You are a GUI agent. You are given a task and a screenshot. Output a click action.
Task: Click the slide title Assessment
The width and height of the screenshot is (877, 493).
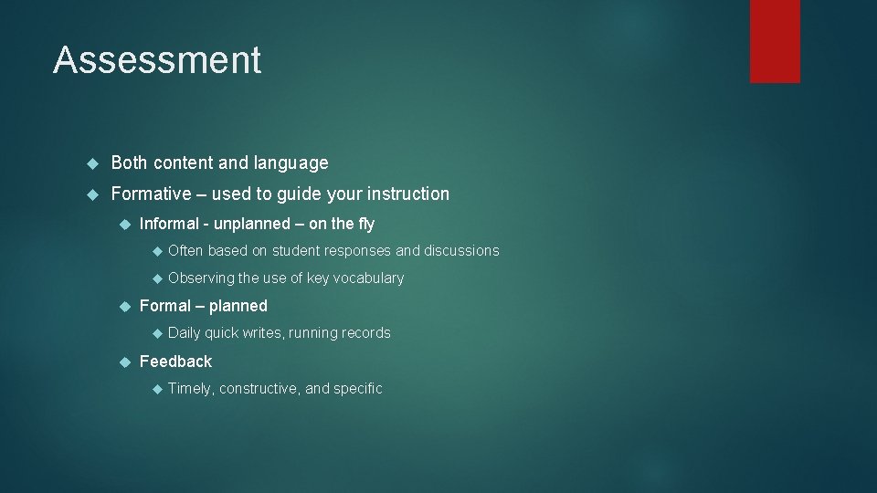click(157, 60)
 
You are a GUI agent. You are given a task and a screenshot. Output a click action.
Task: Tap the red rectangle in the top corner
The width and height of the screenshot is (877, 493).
click(775, 41)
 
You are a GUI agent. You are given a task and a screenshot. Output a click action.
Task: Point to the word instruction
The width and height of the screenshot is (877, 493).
click(407, 194)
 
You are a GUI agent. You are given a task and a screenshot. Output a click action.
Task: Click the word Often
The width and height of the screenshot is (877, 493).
click(185, 250)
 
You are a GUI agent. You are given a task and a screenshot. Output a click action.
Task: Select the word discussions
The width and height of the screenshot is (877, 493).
click(461, 250)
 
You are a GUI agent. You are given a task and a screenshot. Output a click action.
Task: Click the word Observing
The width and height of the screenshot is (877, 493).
click(201, 278)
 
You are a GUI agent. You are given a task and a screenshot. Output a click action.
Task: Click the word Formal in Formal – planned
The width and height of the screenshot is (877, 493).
click(165, 306)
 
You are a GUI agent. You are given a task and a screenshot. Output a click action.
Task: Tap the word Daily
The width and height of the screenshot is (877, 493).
click(185, 333)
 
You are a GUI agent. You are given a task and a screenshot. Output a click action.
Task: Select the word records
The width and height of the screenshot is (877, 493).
click(365, 333)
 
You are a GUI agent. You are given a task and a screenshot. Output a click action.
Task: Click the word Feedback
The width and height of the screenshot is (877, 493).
click(175, 362)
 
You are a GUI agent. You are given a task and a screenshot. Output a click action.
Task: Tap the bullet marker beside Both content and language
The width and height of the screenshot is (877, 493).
click(91, 164)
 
